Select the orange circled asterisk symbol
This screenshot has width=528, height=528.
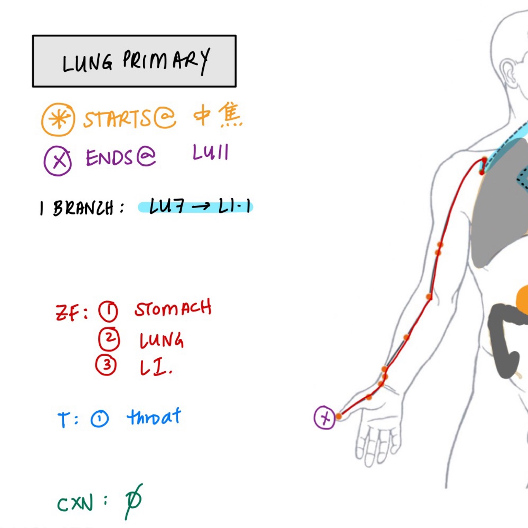pos(58,119)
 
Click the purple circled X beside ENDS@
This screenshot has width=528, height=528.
pos(58,160)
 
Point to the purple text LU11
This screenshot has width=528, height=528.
pos(211,152)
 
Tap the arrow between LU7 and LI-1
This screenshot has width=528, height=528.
pos(201,207)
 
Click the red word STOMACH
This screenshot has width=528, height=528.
pos(173,309)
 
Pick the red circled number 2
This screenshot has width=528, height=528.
pos(109,339)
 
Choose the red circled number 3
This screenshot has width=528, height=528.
pos(106,365)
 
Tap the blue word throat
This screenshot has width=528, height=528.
pos(154,417)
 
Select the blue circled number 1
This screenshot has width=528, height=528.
pos(99,419)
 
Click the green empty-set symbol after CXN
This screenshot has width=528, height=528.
pos(133,501)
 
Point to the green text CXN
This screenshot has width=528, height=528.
pos(75,503)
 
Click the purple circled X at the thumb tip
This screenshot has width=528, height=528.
pos(325,418)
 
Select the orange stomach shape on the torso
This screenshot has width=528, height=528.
pos(523,301)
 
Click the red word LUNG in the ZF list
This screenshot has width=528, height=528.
pos(161,340)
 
